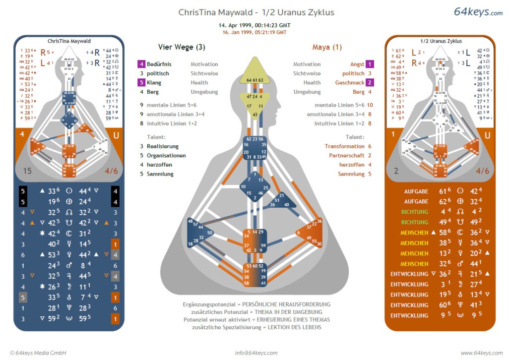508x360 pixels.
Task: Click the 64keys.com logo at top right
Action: click(478, 12)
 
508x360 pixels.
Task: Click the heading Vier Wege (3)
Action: click(182, 48)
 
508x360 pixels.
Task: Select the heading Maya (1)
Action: click(327, 48)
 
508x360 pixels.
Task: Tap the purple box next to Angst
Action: click(370, 64)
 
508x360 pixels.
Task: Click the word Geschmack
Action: click(350, 83)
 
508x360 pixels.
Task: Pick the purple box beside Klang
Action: click(141, 83)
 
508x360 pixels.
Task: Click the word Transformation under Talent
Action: click(344, 146)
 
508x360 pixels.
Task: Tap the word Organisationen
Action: click(166, 156)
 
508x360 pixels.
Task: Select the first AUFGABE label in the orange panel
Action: click(416, 191)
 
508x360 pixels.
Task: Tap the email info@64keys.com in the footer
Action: click(256, 353)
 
